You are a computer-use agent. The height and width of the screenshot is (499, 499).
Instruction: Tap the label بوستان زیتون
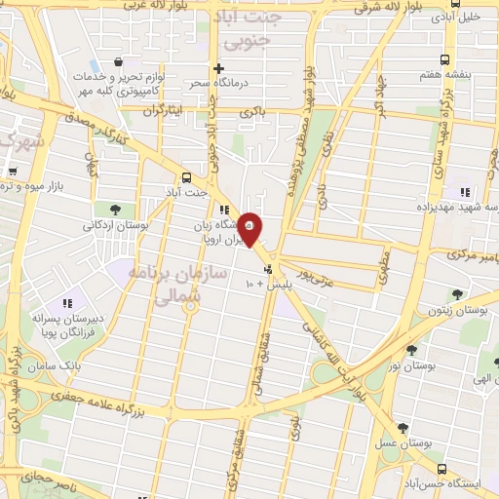[x=458, y=310]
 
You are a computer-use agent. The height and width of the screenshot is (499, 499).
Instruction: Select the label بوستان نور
[x=409, y=366]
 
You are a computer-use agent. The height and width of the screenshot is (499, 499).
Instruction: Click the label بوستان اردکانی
[x=115, y=225]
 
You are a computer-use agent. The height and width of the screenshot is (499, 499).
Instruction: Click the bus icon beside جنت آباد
[x=185, y=177]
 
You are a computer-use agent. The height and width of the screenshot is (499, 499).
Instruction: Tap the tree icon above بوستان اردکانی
[x=115, y=210]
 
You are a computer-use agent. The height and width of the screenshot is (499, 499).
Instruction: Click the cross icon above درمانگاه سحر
[x=219, y=69]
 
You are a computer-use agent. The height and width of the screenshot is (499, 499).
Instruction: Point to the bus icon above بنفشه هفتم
[x=444, y=58]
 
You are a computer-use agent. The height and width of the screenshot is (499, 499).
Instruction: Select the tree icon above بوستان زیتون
[x=458, y=293]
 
